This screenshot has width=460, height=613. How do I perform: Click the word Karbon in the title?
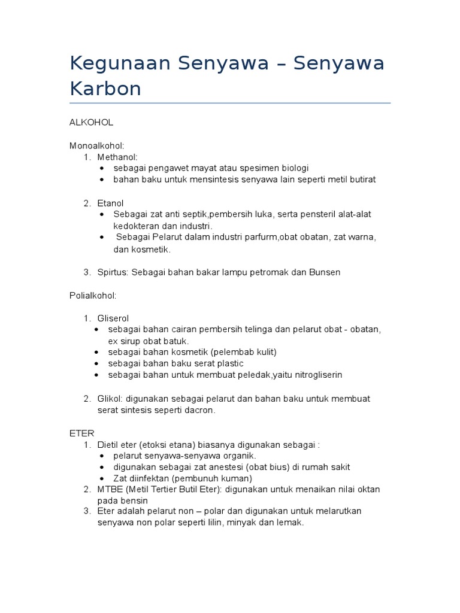[105, 88]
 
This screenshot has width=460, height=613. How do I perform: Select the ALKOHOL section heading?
[92, 122]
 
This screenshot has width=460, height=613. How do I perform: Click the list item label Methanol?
[117, 157]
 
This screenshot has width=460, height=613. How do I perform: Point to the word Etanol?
[110, 203]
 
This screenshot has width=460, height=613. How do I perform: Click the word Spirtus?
[112, 272]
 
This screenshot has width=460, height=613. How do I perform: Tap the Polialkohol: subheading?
[93, 295]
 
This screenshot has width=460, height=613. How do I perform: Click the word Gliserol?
[113, 318]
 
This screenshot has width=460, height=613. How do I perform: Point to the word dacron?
[200, 410]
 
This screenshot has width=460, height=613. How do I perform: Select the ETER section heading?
[82, 433]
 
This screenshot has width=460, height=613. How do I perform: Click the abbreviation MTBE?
[110, 489]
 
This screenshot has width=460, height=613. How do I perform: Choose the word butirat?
[362, 180]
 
